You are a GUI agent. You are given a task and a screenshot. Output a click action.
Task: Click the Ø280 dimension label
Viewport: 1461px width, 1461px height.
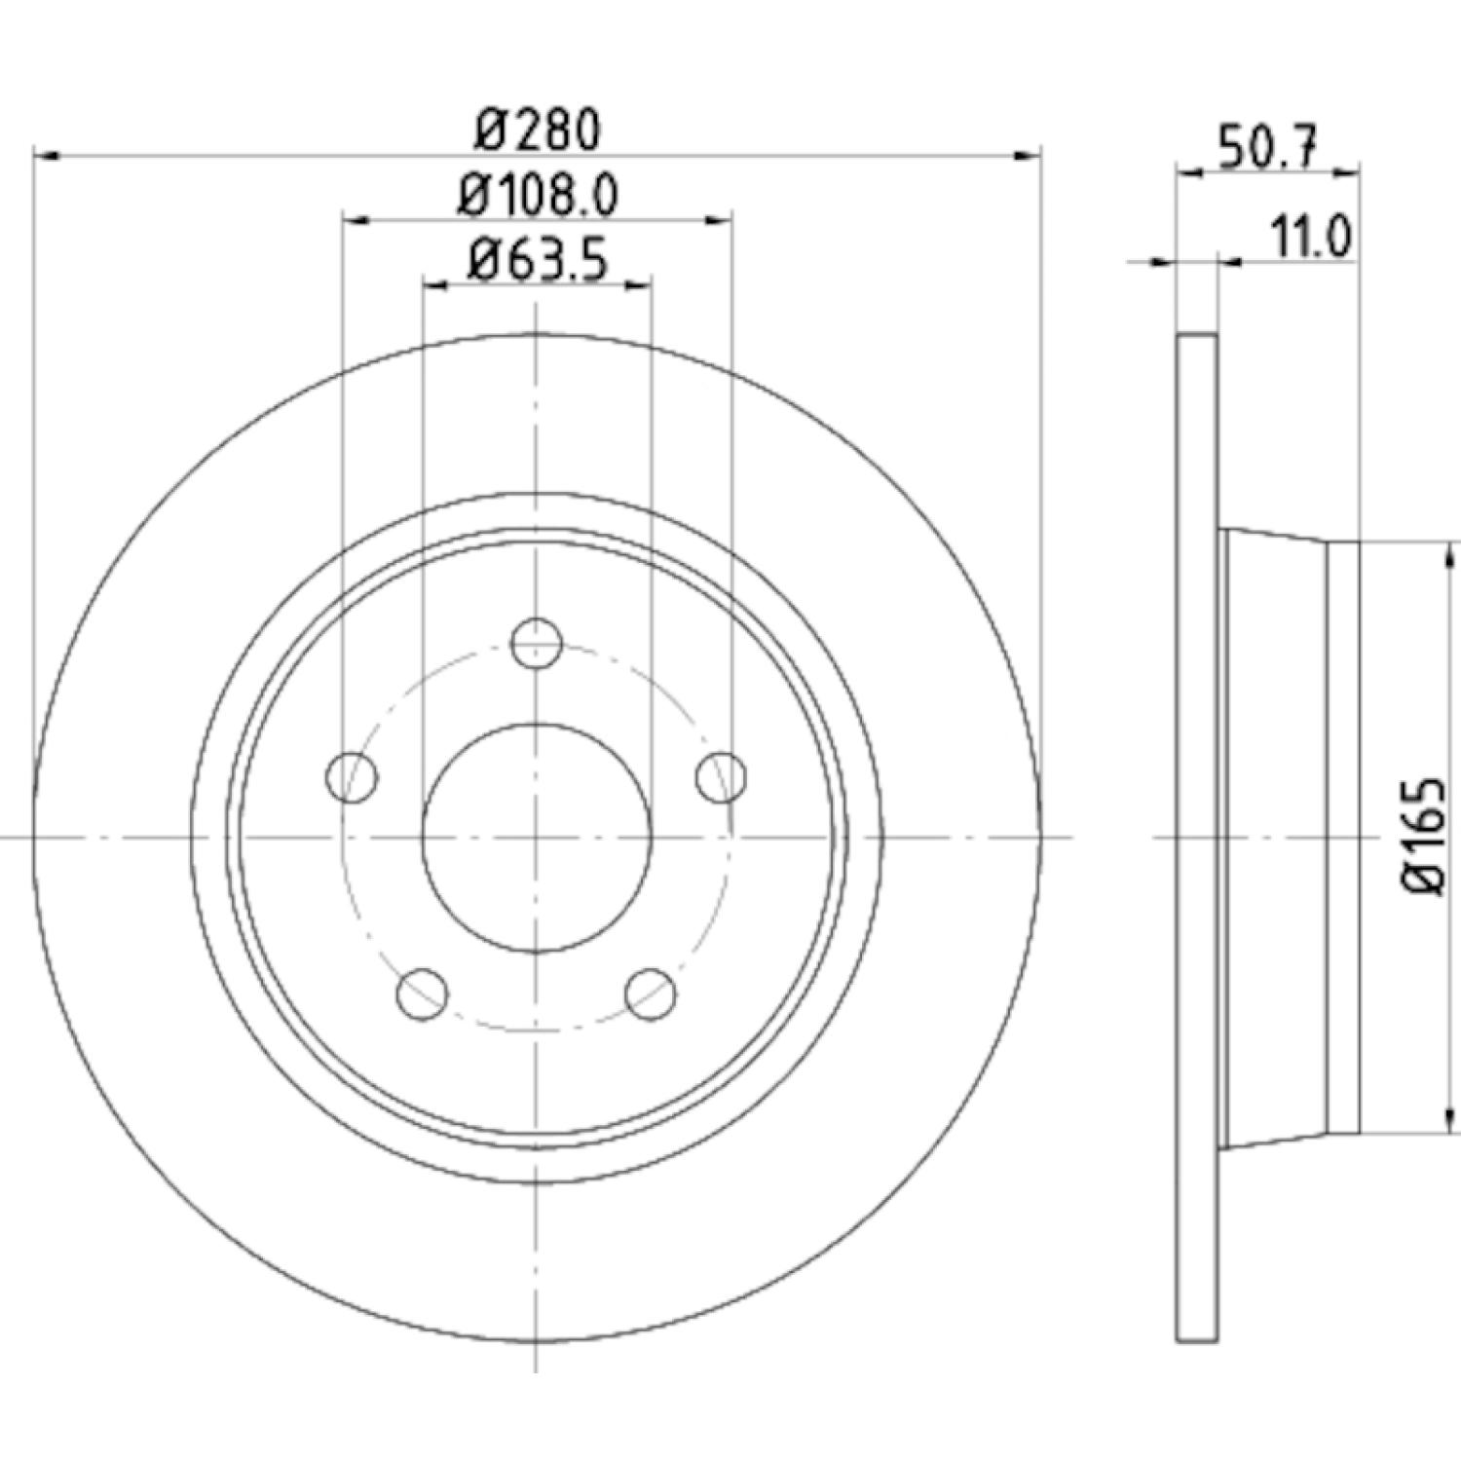pyautogui.click(x=537, y=131)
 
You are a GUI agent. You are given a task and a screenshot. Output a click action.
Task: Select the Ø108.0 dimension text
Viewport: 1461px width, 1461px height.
pyautogui.click(x=539, y=197)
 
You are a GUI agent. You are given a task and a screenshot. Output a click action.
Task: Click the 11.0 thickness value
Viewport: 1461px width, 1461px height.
pyautogui.click(x=1310, y=237)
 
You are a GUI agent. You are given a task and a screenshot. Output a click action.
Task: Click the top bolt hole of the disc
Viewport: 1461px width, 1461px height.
pyautogui.click(x=537, y=642)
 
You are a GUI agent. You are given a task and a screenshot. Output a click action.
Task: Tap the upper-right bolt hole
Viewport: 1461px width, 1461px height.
pyautogui.click(x=722, y=776)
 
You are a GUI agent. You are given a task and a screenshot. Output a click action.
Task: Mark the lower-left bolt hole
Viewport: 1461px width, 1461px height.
pyautogui.click(x=424, y=993)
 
